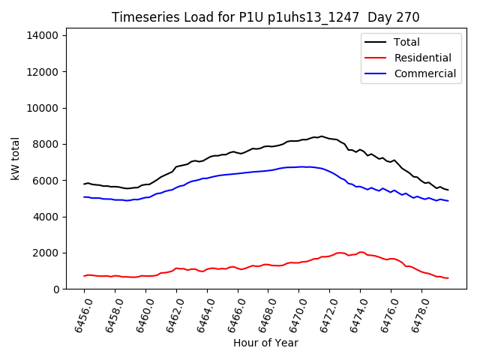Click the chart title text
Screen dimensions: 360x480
pyautogui.click(x=265, y=17)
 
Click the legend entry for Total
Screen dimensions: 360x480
pyautogui.click(x=406, y=42)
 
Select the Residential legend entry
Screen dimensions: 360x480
pyautogui.click(x=422, y=58)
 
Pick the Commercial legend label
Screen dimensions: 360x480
pyautogui.click(x=424, y=73)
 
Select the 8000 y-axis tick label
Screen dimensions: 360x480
pyautogui.click(x=47, y=144)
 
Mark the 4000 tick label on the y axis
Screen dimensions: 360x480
pyautogui.click(x=47, y=217)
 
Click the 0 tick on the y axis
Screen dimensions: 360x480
pyautogui.click(x=56, y=289)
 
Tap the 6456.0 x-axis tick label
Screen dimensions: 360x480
pyautogui.click(x=79, y=314)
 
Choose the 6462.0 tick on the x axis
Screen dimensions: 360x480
pyautogui.click(x=171, y=314)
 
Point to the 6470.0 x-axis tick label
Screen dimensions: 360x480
pyautogui.click(x=293, y=314)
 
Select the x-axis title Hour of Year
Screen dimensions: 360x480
pyautogui.click(x=265, y=343)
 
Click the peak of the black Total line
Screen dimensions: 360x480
pyautogui.click(x=322, y=136)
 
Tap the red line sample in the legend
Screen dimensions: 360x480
pyautogui.click(x=376, y=58)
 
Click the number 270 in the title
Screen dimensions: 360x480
pyautogui.click(x=409, y=17)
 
